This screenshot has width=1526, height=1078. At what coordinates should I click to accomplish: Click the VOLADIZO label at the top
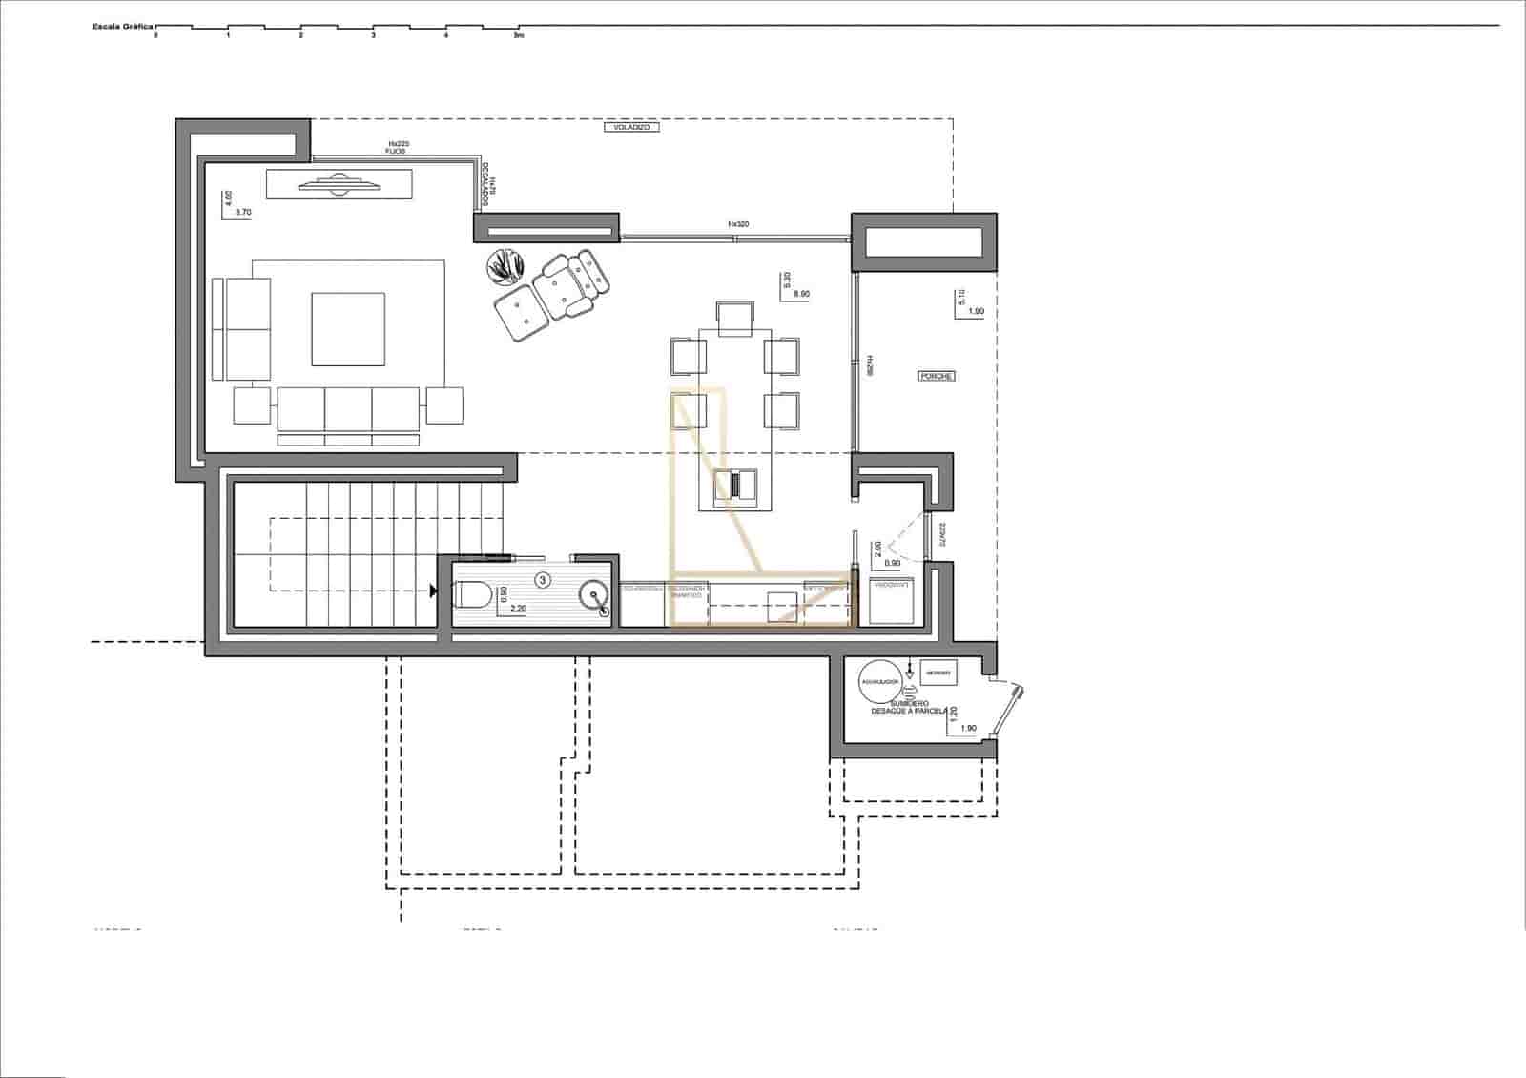pyautogui.click(x=631, y=127)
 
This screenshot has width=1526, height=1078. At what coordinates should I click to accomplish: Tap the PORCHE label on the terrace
pyautogui.click(x=937, y=376)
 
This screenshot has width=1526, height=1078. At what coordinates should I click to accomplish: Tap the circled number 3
pyautogui.click(x=543, y=579)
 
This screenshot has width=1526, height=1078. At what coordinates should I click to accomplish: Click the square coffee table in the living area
pyautogui.click(x=348, y=329)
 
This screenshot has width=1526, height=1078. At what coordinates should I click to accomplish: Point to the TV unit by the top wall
pyautogui.click(x=339, y=183)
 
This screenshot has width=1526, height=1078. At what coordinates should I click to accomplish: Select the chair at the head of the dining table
pyautogui.click(x=734, y=317)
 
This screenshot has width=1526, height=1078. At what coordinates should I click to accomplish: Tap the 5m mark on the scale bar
pyautogui.click(x=519, y=35)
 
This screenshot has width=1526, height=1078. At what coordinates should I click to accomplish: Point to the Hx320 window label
pyautogui.click(x=738, y=224)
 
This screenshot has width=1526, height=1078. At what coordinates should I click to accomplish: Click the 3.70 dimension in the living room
pyautogui.click(x=242, y=213)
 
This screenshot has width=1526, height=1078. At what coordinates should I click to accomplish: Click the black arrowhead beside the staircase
pyautogui.click(x=434, y=591)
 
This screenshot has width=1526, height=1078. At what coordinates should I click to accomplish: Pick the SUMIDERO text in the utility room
pyautogui.click(x=909, y=703)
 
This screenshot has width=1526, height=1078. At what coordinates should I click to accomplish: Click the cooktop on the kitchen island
pyautogui.click(x=734, y=485)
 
